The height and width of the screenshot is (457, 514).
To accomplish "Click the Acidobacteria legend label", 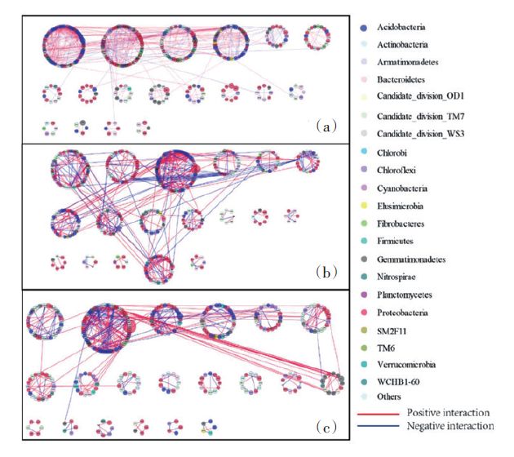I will click(401, 27).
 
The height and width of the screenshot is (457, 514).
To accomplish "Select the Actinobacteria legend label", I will click(402, 45).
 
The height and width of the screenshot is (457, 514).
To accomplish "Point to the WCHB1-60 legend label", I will click(397, 383).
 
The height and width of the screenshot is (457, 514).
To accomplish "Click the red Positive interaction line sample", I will click(375, 415).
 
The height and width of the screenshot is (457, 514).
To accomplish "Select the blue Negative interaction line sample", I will click(375, 426).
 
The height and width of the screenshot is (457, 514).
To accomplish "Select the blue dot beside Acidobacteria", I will click(362, 27).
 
